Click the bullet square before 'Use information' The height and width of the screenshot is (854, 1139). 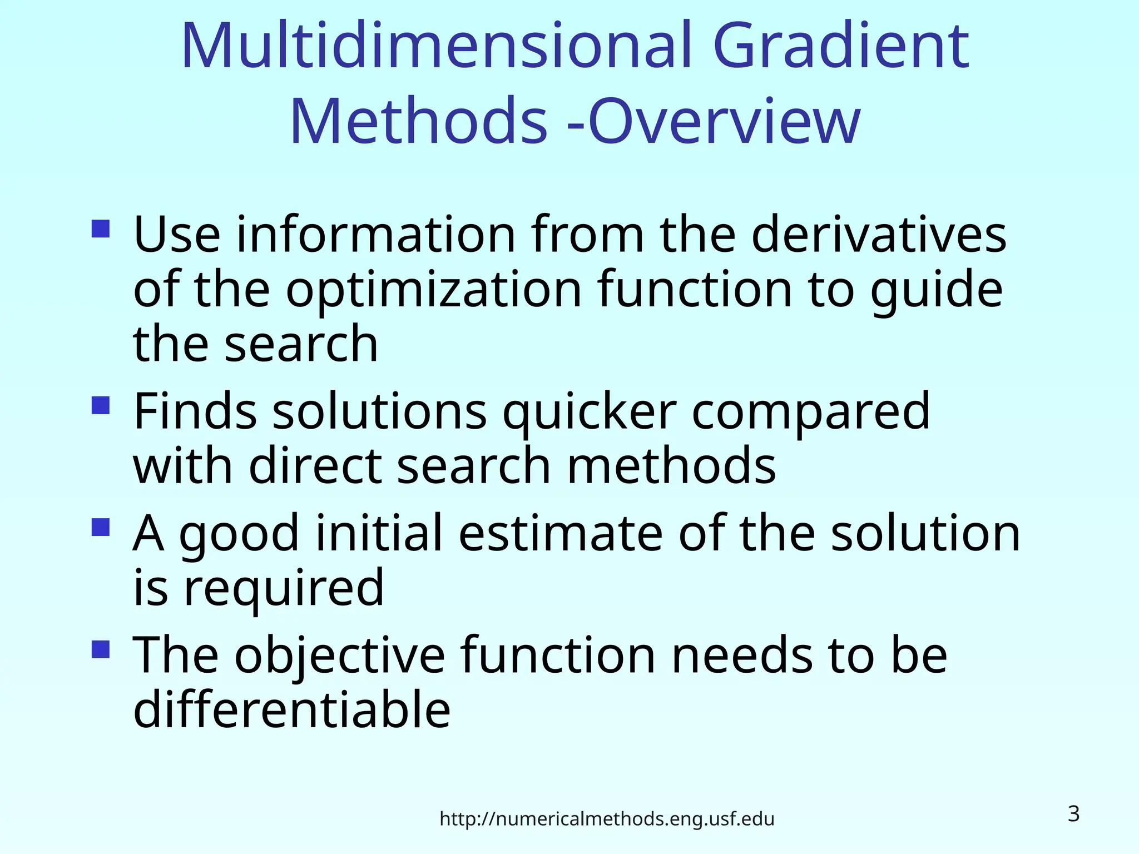[101, 229]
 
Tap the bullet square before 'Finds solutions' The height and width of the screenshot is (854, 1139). [101, 405]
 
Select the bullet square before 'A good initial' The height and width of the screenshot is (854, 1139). [101, 527]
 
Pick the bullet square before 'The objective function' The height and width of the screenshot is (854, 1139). [101, 649]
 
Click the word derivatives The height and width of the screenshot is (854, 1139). [879, 235]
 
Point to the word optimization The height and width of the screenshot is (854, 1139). [434, 290]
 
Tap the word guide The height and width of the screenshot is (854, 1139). [937, 290]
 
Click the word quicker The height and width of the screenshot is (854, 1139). [590, 413]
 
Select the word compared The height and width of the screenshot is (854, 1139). [810, 413]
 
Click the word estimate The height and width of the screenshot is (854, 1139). [561, 534]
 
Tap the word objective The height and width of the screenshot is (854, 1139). [339, 656]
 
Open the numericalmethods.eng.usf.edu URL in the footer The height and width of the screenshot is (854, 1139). [607, 819]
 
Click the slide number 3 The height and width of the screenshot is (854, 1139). [1073, 814]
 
